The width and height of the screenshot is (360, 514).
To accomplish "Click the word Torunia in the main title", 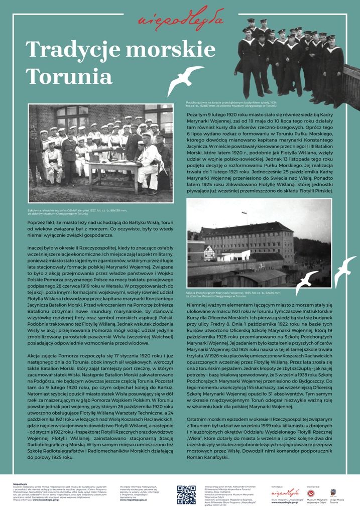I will point(69,76).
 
